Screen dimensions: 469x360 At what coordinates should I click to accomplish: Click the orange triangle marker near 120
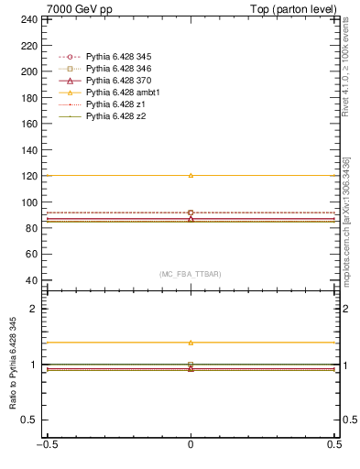coord(191,175)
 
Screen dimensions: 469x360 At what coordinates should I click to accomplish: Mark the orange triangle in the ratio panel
coord(191,343)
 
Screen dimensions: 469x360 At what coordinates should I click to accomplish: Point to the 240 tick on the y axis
coord(29,18)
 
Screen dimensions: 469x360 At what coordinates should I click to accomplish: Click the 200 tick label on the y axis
coord(29,71)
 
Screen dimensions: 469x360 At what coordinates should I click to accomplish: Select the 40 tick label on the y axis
coord(32,280)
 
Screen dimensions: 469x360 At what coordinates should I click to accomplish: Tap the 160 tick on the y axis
coord(29,124)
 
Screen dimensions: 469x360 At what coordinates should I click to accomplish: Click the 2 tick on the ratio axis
coord(35,309)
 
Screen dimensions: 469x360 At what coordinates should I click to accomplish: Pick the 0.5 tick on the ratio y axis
coord(31,420)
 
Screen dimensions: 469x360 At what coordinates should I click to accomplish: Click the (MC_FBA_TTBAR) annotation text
coord(191,275)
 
